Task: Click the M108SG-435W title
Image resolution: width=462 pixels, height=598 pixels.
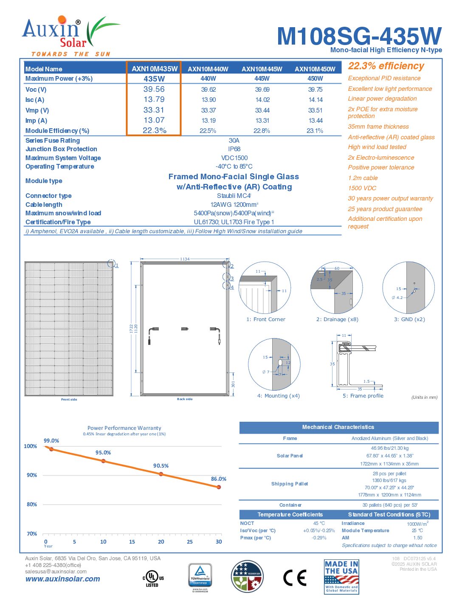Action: point(359,37)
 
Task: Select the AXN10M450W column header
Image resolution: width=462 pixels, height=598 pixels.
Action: point(315,69)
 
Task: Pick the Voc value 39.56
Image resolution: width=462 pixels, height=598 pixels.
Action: point(154,89)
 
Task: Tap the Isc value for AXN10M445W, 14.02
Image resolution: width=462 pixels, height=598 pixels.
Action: point(262,100)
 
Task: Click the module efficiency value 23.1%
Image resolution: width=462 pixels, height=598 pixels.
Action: point(315,131)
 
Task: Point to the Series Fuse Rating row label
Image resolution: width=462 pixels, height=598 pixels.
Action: point(53,141)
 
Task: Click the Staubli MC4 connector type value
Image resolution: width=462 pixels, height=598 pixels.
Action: point(234,196)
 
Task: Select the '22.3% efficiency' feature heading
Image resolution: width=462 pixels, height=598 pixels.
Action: point(386,66)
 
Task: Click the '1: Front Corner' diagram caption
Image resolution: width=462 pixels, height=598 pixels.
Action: point(266,319)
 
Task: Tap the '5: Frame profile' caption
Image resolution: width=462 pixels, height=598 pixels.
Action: point(363,396)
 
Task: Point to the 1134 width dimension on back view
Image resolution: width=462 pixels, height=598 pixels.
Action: point(185,259)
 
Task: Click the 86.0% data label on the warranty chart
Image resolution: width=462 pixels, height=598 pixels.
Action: point(219,479)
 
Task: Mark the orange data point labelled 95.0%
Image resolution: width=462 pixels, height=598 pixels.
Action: point(103,461)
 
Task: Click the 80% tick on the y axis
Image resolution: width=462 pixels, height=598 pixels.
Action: point(32,505)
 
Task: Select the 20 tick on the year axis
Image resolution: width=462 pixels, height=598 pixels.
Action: point(161,542)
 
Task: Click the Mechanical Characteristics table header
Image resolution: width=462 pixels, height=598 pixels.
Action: point(338,427)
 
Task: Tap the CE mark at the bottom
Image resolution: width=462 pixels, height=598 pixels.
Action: point(295,578)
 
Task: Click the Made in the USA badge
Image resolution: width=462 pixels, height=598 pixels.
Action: point(341,577)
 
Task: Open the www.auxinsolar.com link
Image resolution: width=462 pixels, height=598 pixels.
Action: point(63,579)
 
